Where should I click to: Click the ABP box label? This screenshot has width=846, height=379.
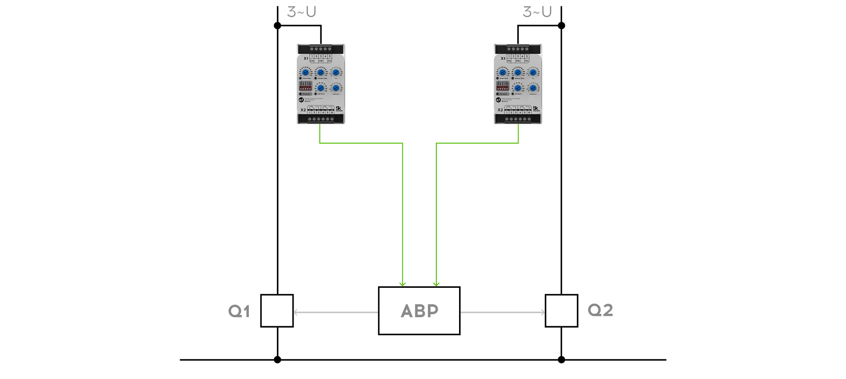419,311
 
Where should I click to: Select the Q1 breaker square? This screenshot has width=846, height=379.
277,311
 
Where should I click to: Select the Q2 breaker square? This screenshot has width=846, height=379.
561,311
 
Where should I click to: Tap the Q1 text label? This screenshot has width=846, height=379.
239,311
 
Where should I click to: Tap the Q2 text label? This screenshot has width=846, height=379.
600,310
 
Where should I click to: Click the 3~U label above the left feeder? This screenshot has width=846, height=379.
302,12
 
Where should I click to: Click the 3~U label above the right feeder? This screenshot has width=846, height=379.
537,12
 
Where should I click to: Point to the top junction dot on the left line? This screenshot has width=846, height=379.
277,26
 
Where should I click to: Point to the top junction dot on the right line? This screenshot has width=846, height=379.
562,26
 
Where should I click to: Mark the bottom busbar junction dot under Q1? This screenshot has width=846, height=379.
277,360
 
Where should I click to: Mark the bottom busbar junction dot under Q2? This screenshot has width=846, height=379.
562,360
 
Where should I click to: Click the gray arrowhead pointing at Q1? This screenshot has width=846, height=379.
296,312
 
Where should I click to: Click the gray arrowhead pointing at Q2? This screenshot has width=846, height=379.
543,312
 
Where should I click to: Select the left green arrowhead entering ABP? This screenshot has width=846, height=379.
402,284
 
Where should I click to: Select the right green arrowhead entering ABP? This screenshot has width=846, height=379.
436,284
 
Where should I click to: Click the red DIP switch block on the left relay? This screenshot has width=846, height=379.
305,86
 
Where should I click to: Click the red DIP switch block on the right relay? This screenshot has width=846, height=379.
503,86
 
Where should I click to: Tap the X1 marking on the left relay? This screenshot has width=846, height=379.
306,59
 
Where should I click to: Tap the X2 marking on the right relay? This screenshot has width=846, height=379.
500,110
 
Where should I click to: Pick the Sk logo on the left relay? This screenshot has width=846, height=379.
338,109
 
